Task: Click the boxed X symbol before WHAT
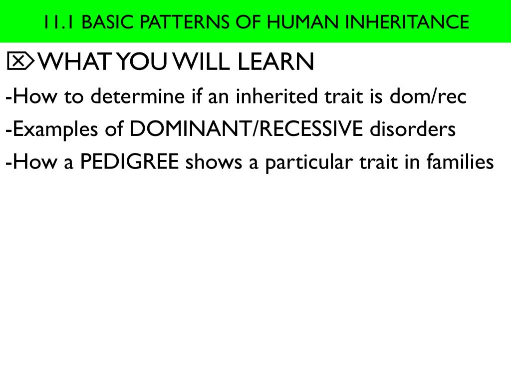20,61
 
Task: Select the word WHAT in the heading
75,62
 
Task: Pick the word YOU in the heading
142,62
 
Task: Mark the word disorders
413,129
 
